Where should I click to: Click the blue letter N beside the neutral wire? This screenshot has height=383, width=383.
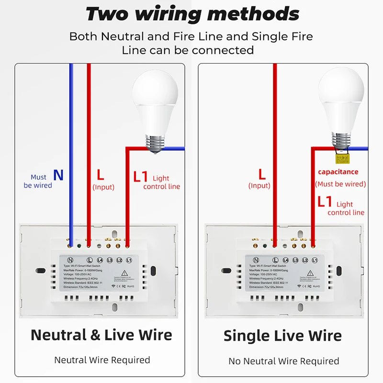coord(58,175)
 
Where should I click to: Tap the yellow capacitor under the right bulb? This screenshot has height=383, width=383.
coord(341,158)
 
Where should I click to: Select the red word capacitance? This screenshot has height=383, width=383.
coord(338,172)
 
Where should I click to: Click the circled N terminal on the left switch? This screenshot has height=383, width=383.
coord(69,259)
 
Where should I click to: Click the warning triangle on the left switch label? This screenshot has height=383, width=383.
coord(123,272)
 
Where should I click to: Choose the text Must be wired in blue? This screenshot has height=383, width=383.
coord(38,181)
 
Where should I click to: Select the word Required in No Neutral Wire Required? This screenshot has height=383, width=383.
coord(317,361)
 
